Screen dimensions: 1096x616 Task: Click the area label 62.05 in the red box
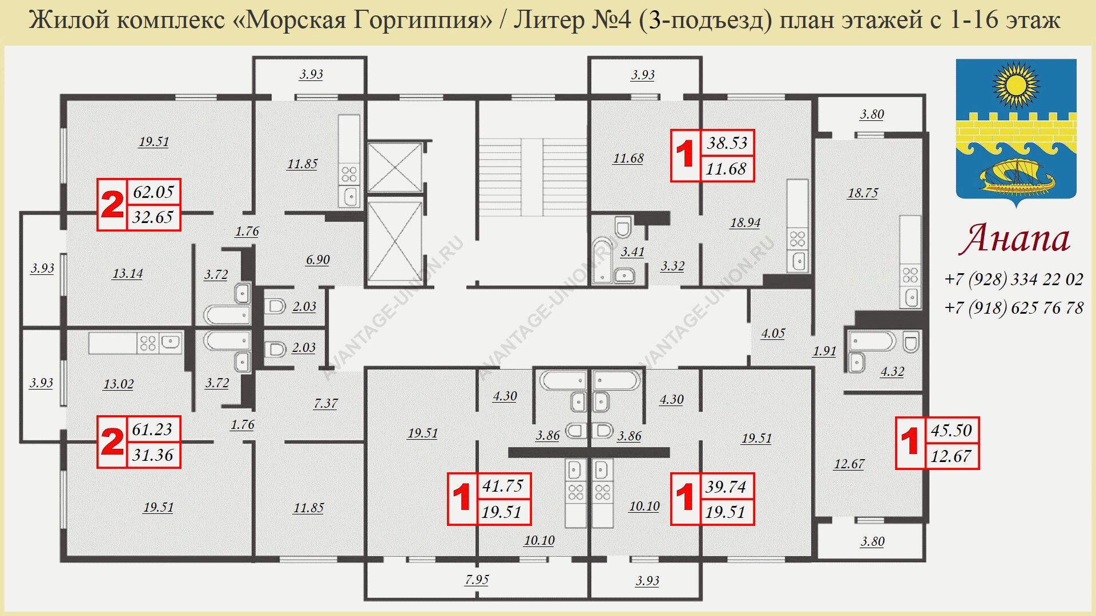[153, 192]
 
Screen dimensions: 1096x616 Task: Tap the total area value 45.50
[951, 430]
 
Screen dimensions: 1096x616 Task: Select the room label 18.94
[745, 222]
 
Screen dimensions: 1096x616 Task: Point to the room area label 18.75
[863, 193]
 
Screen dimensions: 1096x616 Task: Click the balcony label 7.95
[477, 579]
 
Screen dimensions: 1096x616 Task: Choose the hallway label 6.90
[317, 260]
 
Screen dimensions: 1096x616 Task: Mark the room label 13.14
[127, 273]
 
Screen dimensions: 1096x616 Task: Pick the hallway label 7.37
[325, 403]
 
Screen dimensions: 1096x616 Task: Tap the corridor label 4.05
[773, 333]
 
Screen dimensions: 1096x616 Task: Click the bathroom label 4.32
[892, 371]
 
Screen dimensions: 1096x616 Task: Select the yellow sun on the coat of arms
[1016, 86]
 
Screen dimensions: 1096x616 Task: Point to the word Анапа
[1015, 238]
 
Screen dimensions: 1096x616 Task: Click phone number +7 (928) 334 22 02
[1014, 279]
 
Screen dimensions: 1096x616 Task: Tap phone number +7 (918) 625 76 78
[1014, 307]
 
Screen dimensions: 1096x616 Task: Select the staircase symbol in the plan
[532, 177]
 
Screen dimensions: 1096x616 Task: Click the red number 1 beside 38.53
[685, 155]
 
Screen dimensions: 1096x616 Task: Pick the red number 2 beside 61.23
[112, 442]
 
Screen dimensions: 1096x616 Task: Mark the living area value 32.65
[153, 217]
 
